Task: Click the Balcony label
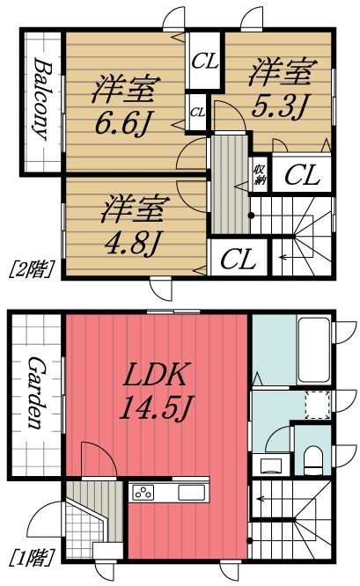coord(41,99)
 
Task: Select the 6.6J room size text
coord(123,123)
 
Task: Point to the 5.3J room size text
coord(278,106)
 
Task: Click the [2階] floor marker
coord(32,268)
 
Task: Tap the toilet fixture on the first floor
coord(313,460)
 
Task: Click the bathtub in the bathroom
coord(314,350)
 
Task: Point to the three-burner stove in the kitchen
coord(143,493)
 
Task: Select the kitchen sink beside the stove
coord(191,493)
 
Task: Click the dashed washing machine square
coord(317,405)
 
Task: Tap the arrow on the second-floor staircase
coord(286,257)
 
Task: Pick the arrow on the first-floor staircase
coord(264,499)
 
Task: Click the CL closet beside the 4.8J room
coord(239,259)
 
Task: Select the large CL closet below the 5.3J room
coord(302,174)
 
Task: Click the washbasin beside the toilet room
coord(271,464)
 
